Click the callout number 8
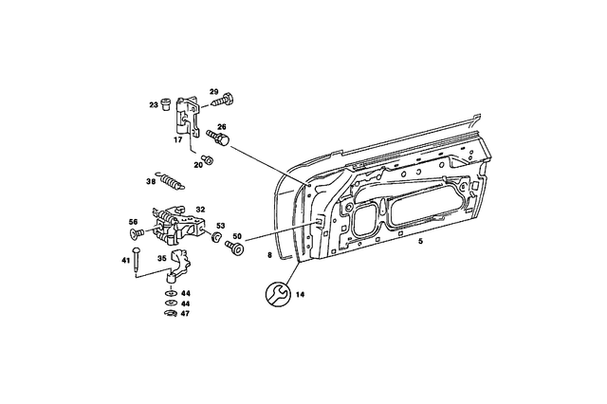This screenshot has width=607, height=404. click(x=269, y=257)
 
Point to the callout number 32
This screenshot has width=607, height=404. click(x=200, y=209)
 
